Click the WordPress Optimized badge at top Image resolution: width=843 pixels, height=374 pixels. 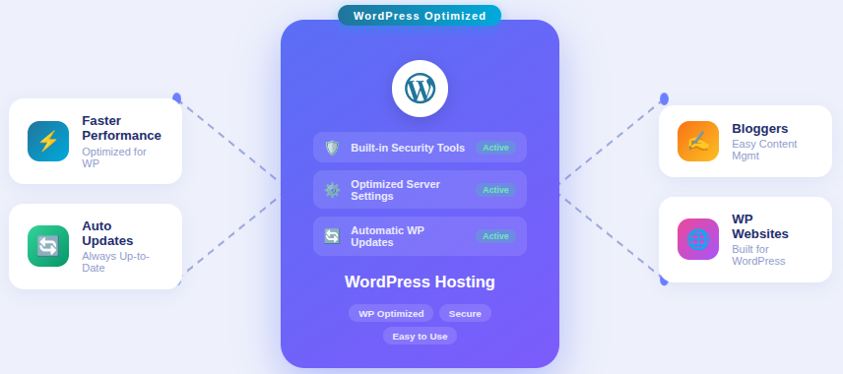click(420, 16)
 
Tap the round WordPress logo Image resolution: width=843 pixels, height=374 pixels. click(420, 89)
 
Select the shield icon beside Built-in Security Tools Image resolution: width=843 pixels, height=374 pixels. click(332, 148)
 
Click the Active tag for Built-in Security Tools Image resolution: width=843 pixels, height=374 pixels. click(495, 148)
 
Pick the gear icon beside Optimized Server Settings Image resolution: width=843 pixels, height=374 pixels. click(332, 190)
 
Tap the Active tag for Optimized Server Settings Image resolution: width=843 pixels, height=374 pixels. click(495, 190)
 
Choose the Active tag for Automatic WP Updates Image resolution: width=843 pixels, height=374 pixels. click(495, 236)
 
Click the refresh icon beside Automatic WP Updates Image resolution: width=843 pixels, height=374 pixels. click(332, 236)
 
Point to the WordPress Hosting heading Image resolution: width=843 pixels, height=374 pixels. click(420, 282)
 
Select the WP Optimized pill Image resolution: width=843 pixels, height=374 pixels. click(391, 313)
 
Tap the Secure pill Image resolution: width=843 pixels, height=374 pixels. click(465, 313)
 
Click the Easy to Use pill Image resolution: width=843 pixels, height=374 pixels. click(420, 336)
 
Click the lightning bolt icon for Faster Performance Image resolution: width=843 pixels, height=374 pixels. click(48, 141)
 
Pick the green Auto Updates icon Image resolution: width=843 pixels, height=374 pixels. click(48, 246)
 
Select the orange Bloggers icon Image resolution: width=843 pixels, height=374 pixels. click(698, 141)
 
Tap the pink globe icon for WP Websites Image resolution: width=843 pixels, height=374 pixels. click(698, 239)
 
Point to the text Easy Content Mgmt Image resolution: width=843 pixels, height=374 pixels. click(764, 150)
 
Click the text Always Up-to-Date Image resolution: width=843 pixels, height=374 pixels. click(115, 262)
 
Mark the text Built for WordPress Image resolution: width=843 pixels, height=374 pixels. click(758, 255)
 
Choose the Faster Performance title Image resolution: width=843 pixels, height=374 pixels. click(121, 128)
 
